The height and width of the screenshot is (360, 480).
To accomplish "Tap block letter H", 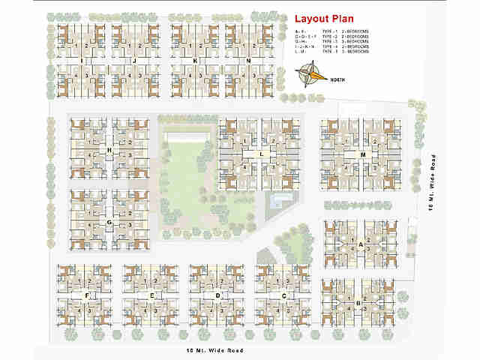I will click(109, 151).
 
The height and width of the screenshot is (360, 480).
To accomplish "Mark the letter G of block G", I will click(109, 223).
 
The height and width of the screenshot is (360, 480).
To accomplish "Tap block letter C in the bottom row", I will click(284, 296).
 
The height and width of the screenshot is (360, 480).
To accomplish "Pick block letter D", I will click(217, 296).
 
